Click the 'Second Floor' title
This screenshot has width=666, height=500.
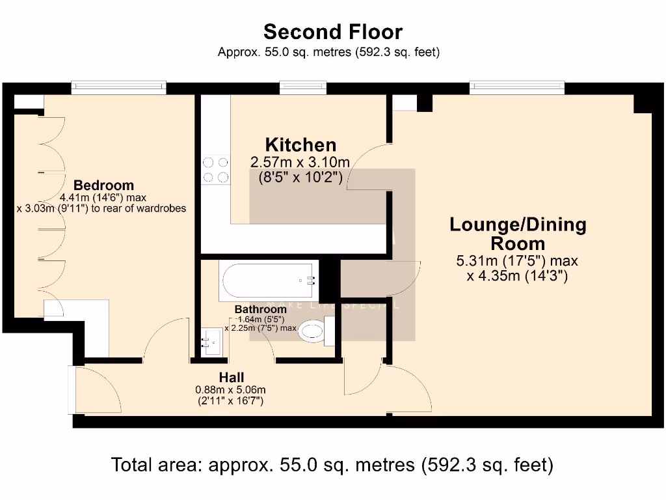332,32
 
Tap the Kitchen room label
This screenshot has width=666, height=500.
300,145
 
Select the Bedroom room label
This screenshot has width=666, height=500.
103,185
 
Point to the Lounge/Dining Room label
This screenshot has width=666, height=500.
518,234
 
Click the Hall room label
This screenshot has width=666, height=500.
231,378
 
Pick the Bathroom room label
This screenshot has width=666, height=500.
260,309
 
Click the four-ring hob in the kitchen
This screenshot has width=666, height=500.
216,169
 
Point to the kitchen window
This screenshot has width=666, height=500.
303,87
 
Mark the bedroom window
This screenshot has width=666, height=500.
118,87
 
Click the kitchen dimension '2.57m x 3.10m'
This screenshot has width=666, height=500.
300,162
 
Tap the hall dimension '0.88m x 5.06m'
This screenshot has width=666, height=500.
231,390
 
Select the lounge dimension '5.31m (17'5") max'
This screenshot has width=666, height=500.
518,262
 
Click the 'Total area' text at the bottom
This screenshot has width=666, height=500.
332,465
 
